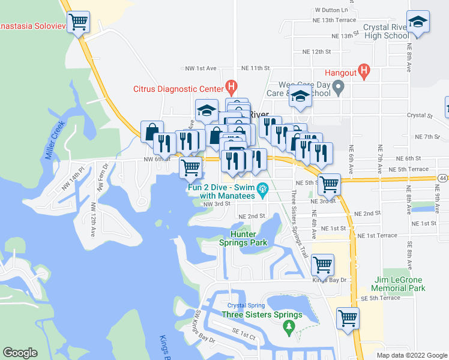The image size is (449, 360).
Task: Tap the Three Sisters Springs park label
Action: click(262, 314)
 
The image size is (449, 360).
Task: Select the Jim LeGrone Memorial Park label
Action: click(399, 284)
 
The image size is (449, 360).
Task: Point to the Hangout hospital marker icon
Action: click(363, 72)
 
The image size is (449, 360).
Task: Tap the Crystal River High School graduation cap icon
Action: click(418, 22)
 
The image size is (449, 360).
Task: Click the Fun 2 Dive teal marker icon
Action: click(262, 192)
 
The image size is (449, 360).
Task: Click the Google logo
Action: click(20, 353)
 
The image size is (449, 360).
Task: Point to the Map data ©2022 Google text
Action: click(411, 355)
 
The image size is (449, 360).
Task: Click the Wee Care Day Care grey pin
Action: click(338, 89)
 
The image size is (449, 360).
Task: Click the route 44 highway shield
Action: click(442, 178)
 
